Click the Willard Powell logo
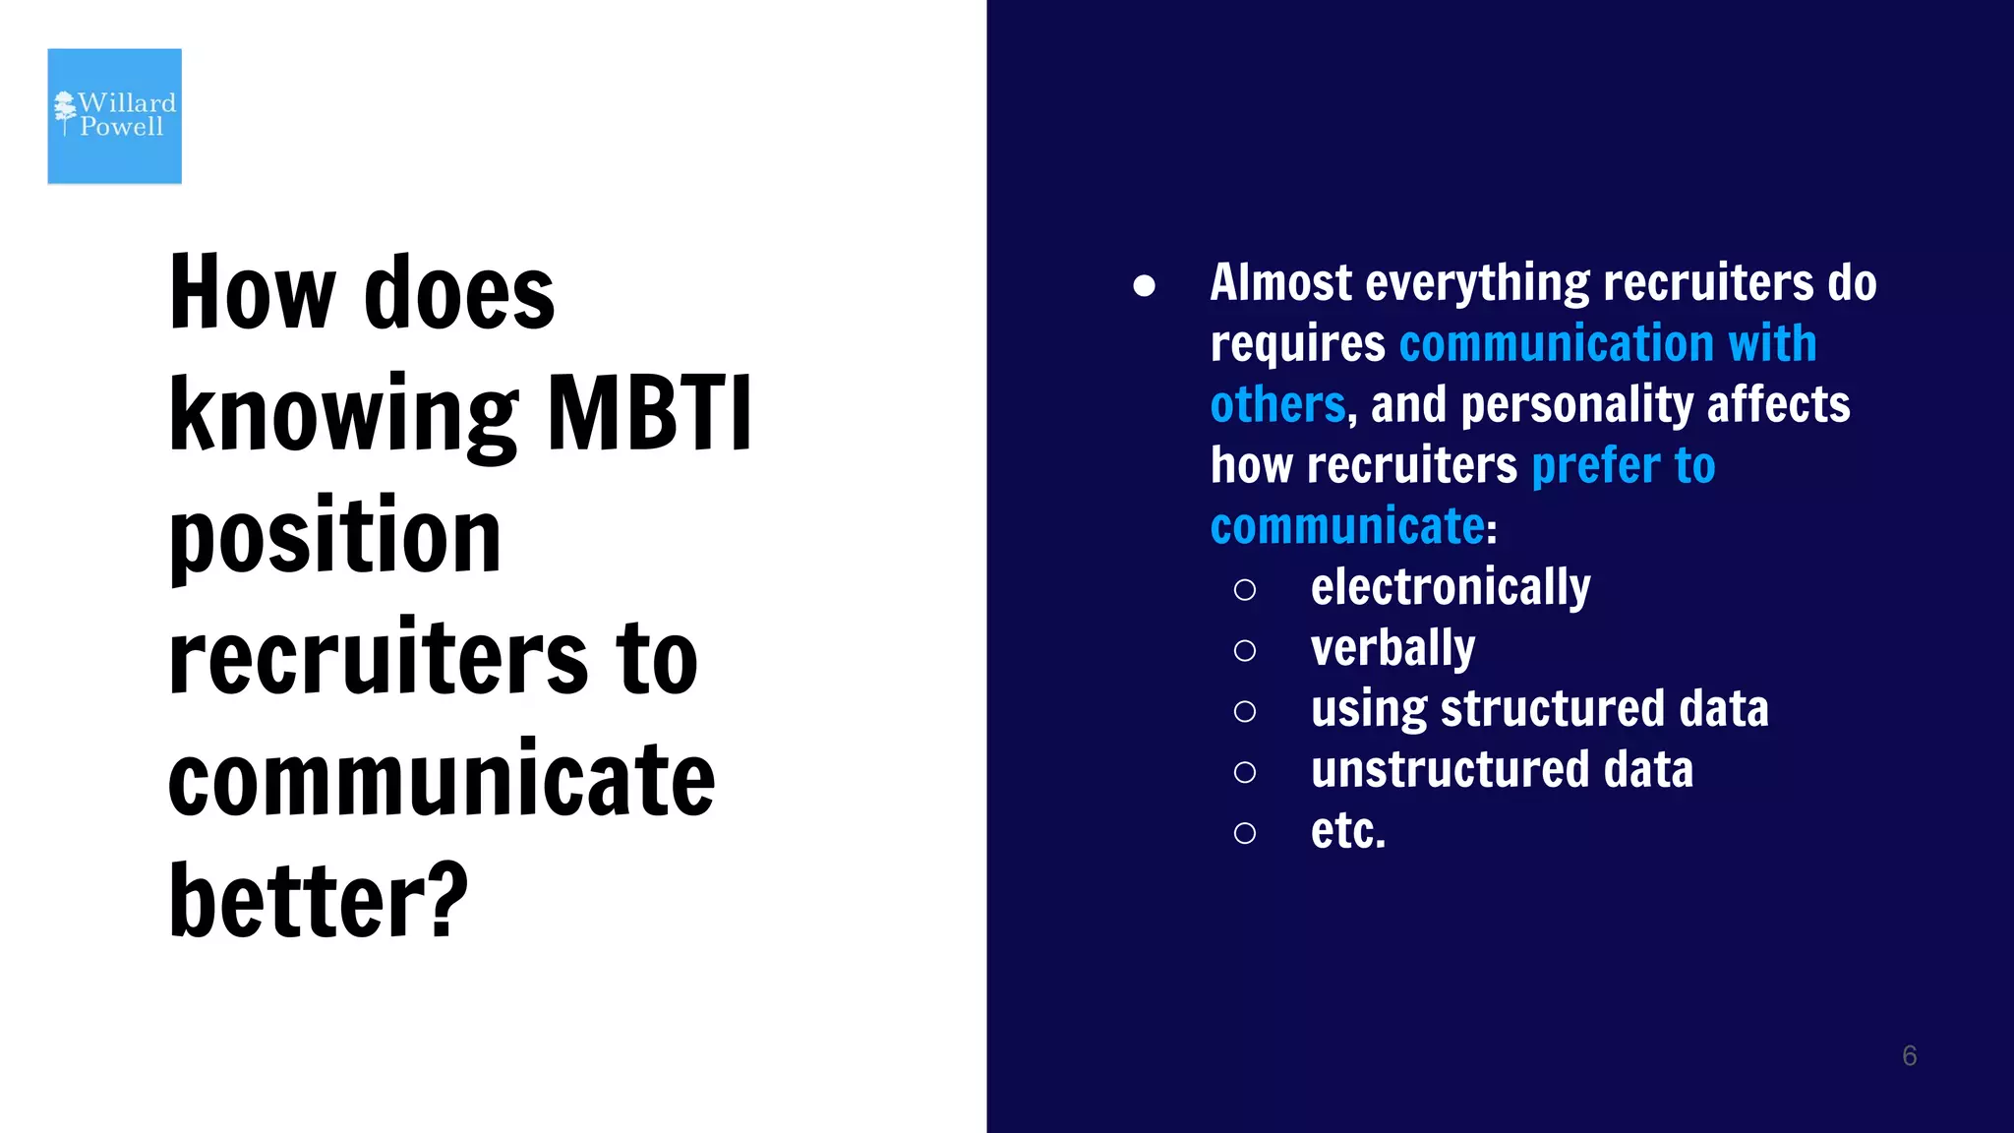114,116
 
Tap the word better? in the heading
318,900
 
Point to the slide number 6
1909,1055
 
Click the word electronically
1450,588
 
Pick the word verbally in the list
1392,649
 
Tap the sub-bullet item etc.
1347,831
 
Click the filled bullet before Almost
1144,286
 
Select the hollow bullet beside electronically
1245,590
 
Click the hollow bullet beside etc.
1245,833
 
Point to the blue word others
1277,405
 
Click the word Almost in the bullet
1280,283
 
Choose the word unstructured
1450,770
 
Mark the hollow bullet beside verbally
1245,651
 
